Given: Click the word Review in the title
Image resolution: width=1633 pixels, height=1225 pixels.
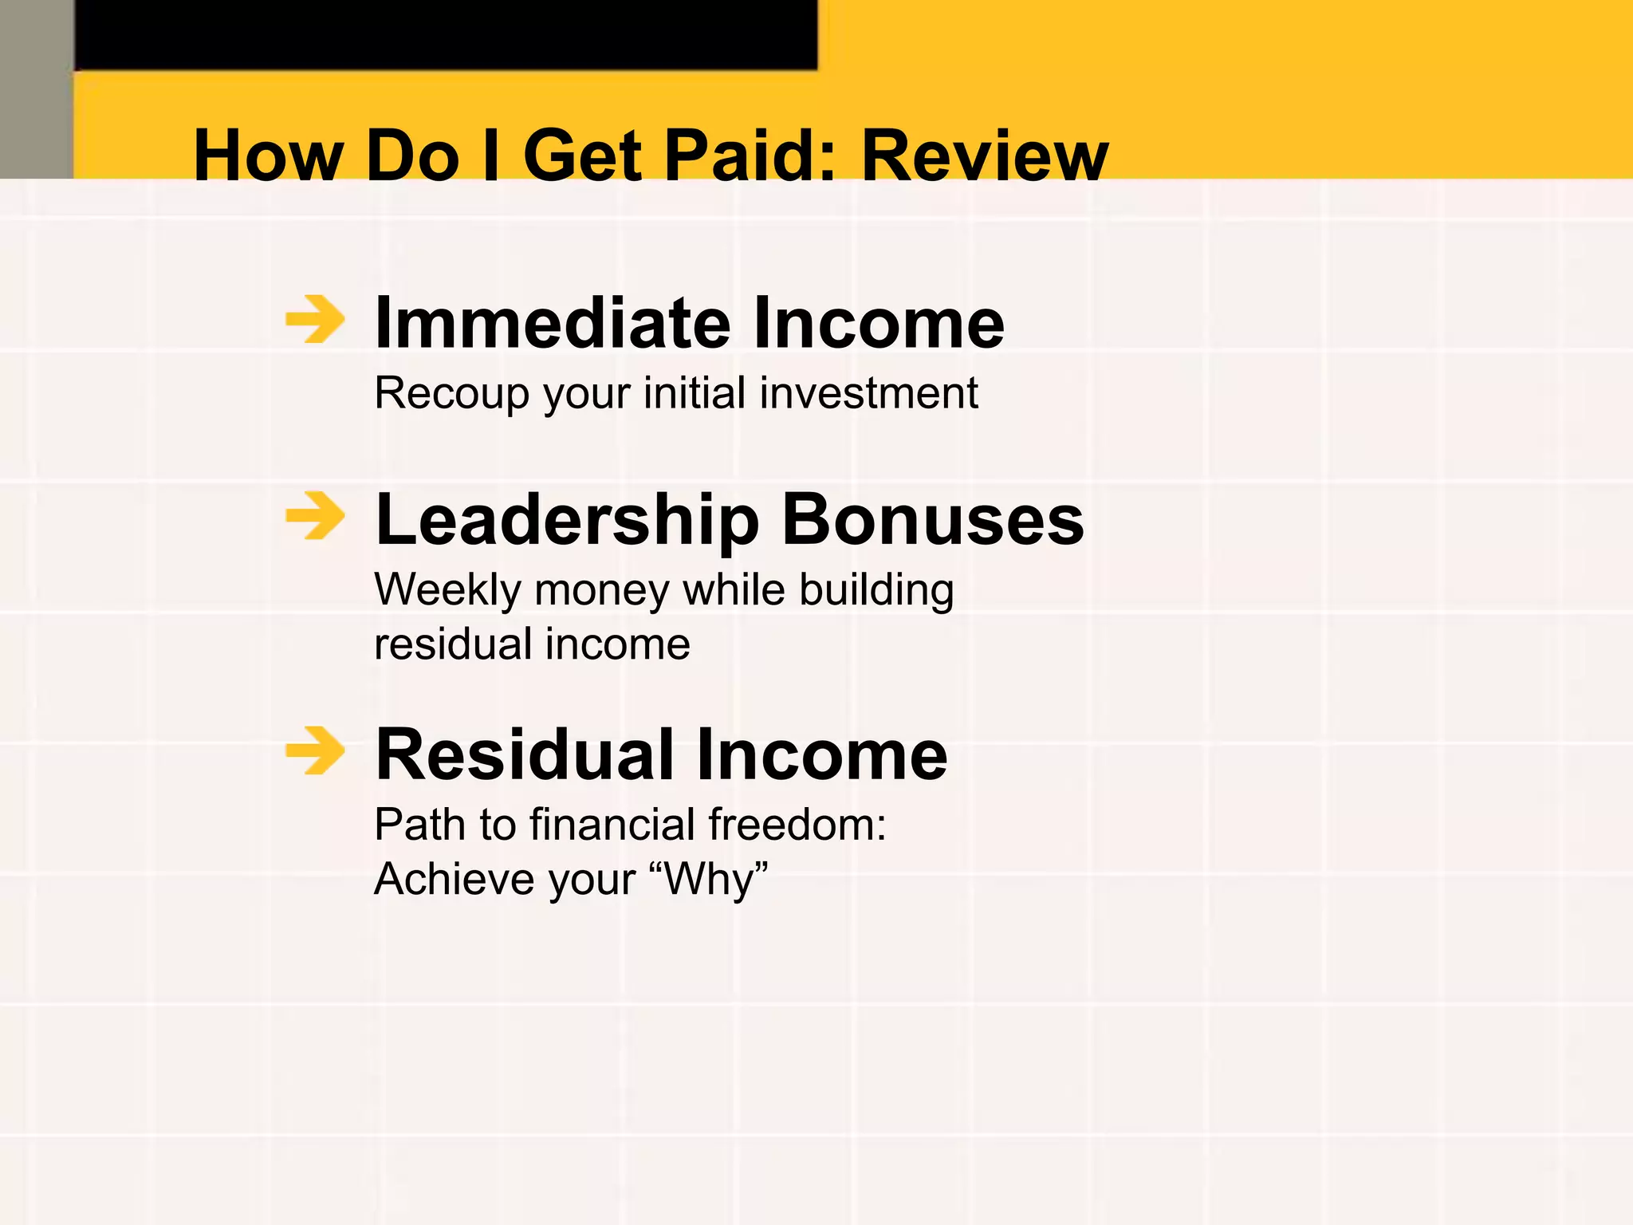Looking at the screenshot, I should [x=985, y=156].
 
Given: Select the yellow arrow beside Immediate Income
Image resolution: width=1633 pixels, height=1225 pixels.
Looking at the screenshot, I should [x=315, y=320].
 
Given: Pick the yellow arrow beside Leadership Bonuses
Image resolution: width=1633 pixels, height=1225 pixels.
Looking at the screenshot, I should [x=315, y=516].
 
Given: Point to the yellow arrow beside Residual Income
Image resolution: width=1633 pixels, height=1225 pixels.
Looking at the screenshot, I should [x=315, y=750].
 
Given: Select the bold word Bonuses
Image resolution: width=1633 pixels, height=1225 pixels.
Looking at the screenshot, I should [x=933, y=521].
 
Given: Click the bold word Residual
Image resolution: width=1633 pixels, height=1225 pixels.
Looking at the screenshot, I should [x=527, y=754].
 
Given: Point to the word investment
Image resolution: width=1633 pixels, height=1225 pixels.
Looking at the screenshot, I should [x=868, y=394].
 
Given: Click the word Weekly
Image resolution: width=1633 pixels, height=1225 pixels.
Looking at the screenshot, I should [x=447, y=591].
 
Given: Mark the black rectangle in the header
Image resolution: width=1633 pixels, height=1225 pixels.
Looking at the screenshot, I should [x=446, y=34].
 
